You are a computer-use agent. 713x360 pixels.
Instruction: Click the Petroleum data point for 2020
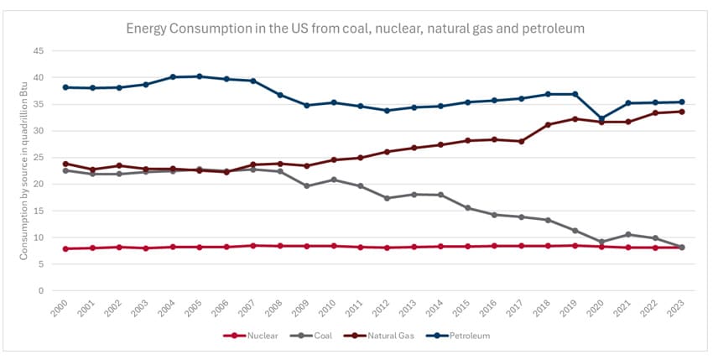point(601,118)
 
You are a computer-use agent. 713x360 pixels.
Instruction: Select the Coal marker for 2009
point(306,185)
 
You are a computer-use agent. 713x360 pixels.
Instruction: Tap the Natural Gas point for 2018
point(547,124)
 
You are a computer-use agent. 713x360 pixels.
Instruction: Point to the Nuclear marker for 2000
point(65,248)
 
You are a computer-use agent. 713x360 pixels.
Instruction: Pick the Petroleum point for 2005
point(199,76)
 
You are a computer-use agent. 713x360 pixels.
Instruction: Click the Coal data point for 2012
point(387,198)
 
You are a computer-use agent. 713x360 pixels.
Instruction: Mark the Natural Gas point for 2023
point(681,112)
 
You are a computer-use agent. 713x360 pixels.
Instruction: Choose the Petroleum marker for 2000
point(65,87)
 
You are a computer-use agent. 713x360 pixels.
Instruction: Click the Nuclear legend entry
point(252,336)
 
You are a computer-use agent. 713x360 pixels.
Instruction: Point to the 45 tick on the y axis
point(38,51)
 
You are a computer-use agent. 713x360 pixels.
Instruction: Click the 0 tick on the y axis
point(40,291)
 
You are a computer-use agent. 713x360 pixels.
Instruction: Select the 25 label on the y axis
point(38,158)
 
